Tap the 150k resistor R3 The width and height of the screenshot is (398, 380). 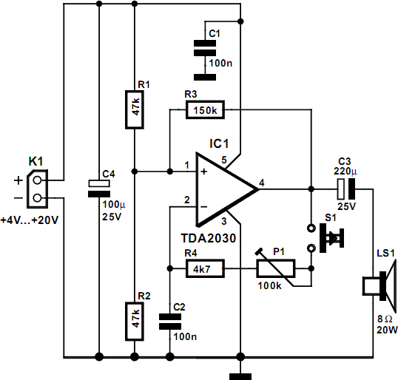tap(204, 110)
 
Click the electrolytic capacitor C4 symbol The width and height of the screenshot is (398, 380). tap(98, 188)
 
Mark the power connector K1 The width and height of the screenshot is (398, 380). tap(38, 190)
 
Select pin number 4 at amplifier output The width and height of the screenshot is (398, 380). tap(262, 182)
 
